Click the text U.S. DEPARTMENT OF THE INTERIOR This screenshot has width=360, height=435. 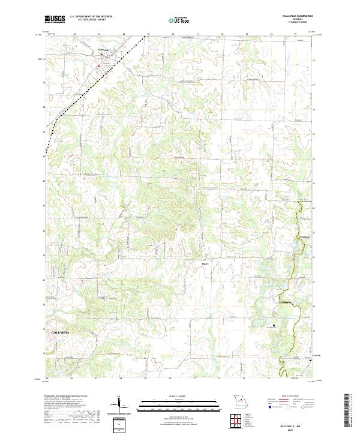pos(91,17)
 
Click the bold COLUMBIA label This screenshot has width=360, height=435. pos(60,332)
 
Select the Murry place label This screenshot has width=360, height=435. pos(205,263)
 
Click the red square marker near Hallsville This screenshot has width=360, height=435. pos(100,58)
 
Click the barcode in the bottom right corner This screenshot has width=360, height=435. pos(348,414)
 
